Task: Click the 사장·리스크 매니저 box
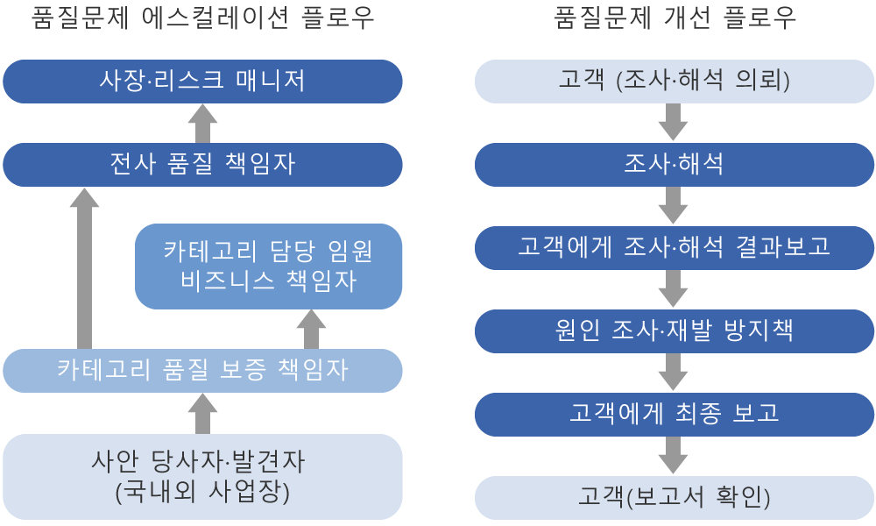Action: (202, 81)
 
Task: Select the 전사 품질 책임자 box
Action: (202, 164)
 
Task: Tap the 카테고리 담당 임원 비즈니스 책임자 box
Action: (268, 267)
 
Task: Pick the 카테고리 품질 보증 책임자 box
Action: (202, 371)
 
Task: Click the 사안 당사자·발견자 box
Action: (202, 477)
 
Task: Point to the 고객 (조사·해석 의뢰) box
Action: (674, 81)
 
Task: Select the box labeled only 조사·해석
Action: (674, 164)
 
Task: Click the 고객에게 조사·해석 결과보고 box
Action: (674, 247)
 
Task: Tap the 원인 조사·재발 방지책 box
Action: (674, 331)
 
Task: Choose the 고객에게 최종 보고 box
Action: (674, 414)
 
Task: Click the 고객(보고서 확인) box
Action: (674, 497)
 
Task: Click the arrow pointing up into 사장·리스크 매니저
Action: (202, 124)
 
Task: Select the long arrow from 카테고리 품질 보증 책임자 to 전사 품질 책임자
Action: (84, 268)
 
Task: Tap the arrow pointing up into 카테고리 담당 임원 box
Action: (311, 330)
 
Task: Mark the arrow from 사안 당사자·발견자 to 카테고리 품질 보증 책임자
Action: (202, 414)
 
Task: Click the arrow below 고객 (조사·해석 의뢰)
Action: (673, 123)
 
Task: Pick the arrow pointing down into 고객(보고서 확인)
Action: (673, 456)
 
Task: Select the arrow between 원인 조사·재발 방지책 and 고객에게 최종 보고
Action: (673, 373)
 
